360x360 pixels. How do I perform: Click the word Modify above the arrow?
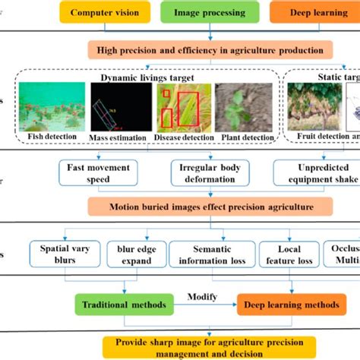(x=204, y=297)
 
